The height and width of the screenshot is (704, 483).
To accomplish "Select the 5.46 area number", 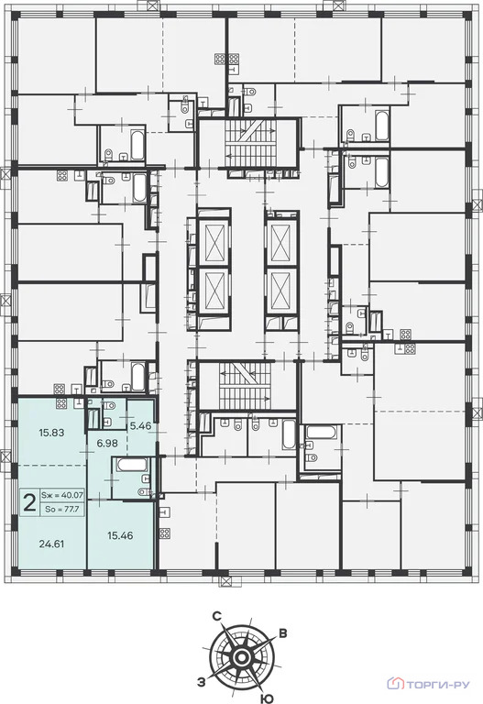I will [x=140, y=426].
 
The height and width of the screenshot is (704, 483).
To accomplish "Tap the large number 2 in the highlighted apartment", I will [x=29, y=501].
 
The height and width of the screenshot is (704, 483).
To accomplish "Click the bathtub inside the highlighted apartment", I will [x=132, y=465].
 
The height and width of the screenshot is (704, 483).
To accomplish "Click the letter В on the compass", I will [x=283, y=633].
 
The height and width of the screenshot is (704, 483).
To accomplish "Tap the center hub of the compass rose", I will [x=242, y=657].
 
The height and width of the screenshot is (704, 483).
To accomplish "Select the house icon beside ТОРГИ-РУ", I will [x=396, y=683].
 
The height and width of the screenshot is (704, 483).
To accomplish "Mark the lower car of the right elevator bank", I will [x=280, y=291].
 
